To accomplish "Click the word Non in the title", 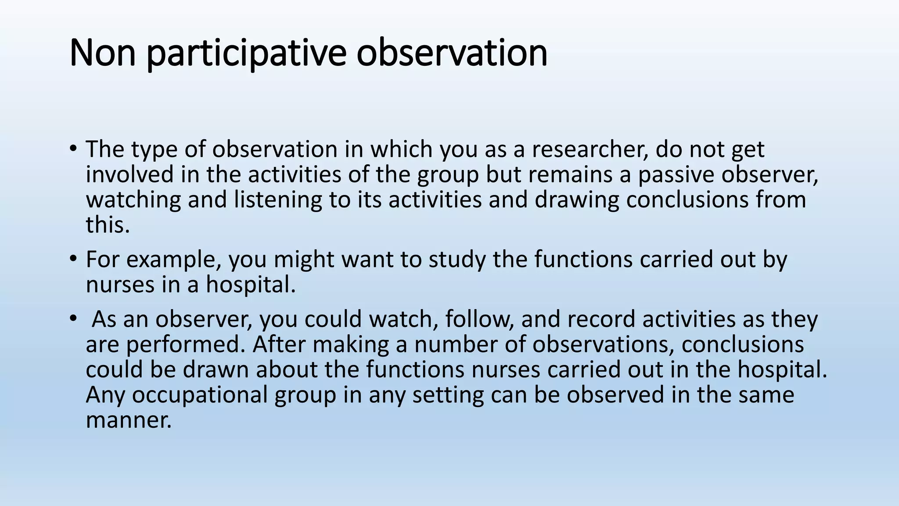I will pos(103,53).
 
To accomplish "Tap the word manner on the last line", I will pos(128,419).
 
